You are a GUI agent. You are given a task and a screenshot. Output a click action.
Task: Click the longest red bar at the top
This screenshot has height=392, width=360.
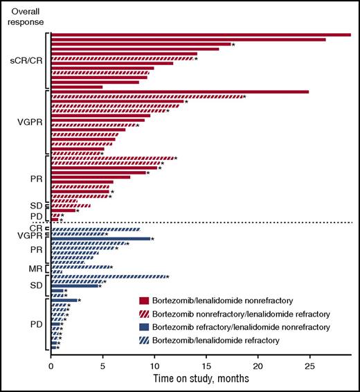(x=201, y=34)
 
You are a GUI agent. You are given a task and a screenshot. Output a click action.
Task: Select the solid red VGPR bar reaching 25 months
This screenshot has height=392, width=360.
(x=180, y=91)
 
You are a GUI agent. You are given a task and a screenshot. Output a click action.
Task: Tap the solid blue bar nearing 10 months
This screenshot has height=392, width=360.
(x=101, y=239)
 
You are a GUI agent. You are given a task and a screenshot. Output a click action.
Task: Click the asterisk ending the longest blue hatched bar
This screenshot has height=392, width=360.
(x=168, y=277)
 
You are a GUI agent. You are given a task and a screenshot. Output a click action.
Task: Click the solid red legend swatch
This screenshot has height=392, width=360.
(x=145, y=301)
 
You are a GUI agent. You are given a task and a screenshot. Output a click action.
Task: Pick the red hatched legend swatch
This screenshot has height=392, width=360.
(x=145, y=313)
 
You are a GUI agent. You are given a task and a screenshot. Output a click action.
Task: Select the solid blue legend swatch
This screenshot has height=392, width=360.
(x=145, y=326)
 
